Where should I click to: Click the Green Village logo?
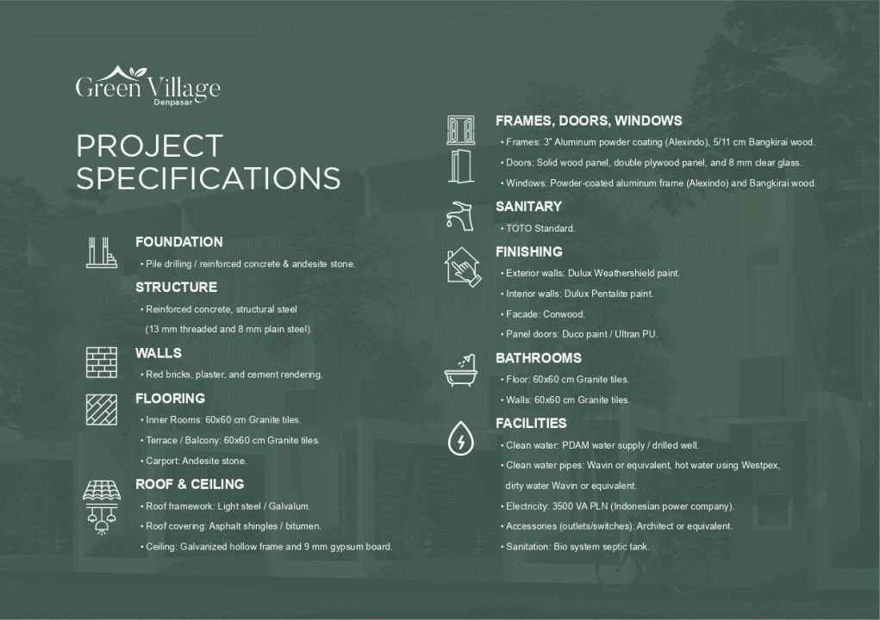point(147,84)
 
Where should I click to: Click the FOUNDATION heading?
point(178,242)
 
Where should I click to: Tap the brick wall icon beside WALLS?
point(101,362)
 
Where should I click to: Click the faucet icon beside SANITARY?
point(460,215)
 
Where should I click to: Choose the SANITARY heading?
point(528,207)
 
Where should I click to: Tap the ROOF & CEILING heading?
point(190,484)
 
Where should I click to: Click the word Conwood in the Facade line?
point(564,314)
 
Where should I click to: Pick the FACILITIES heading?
point(531,424)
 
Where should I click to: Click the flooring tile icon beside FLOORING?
point(101,409)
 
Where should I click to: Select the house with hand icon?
point(460,266)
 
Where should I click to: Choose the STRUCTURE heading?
point(176,287)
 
